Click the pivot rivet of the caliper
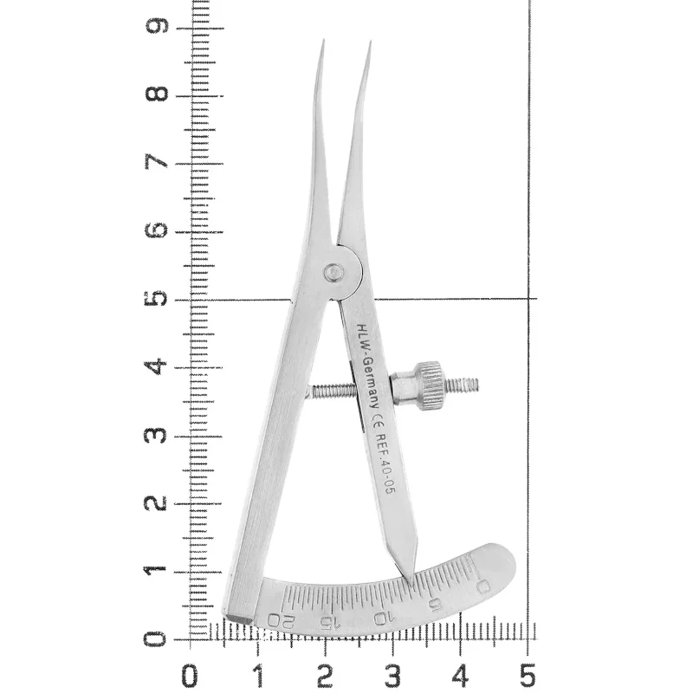pyautogui.click(x=334, y=272)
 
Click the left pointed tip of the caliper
pyautogui.click(x=323, y=41)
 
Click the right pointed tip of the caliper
pyautogui.click(x=371, y=42)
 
